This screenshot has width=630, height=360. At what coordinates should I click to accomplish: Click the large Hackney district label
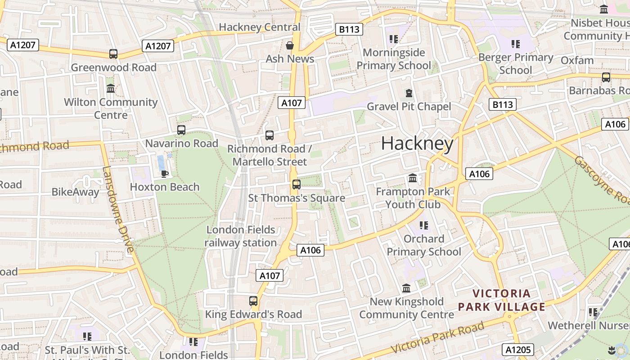tap(417, 143)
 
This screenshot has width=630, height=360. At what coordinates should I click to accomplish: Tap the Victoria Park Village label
tap(501, 300)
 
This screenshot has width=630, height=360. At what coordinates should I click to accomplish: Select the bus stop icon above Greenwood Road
tap(113, 54)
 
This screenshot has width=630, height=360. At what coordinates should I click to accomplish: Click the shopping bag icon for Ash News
tap(290, 45)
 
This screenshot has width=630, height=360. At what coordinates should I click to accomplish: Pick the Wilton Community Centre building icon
tap(111, 88)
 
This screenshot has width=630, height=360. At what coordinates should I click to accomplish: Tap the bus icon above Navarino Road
tap(181, 130)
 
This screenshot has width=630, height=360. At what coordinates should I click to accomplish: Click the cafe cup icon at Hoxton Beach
tap(165, 174)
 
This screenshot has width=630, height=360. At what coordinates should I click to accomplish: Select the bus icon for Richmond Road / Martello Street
tap(270, 135)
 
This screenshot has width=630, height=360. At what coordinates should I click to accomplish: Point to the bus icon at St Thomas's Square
tap(296, 184)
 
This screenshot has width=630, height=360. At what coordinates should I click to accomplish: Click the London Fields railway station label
tap(241, 236)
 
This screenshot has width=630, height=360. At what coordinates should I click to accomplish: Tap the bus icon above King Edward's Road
tap(253, 301)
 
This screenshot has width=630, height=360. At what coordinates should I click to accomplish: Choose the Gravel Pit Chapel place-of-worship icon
tap(409, 93)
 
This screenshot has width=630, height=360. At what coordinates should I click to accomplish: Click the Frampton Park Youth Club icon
tap(413, 178)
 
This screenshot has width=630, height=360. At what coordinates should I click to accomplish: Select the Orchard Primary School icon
tap(423, 225)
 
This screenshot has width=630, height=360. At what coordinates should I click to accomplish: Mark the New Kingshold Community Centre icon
tap(406, 288)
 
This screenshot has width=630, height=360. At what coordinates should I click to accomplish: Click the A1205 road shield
tap(517, 350)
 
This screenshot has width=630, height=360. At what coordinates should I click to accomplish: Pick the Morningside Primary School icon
tap(394, 39)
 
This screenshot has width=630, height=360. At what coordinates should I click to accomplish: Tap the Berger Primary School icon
tap(516, 44)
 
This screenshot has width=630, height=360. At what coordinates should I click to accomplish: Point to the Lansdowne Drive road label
tap(118, 209)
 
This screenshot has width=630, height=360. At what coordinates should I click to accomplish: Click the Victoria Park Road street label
tap(437, 337)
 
